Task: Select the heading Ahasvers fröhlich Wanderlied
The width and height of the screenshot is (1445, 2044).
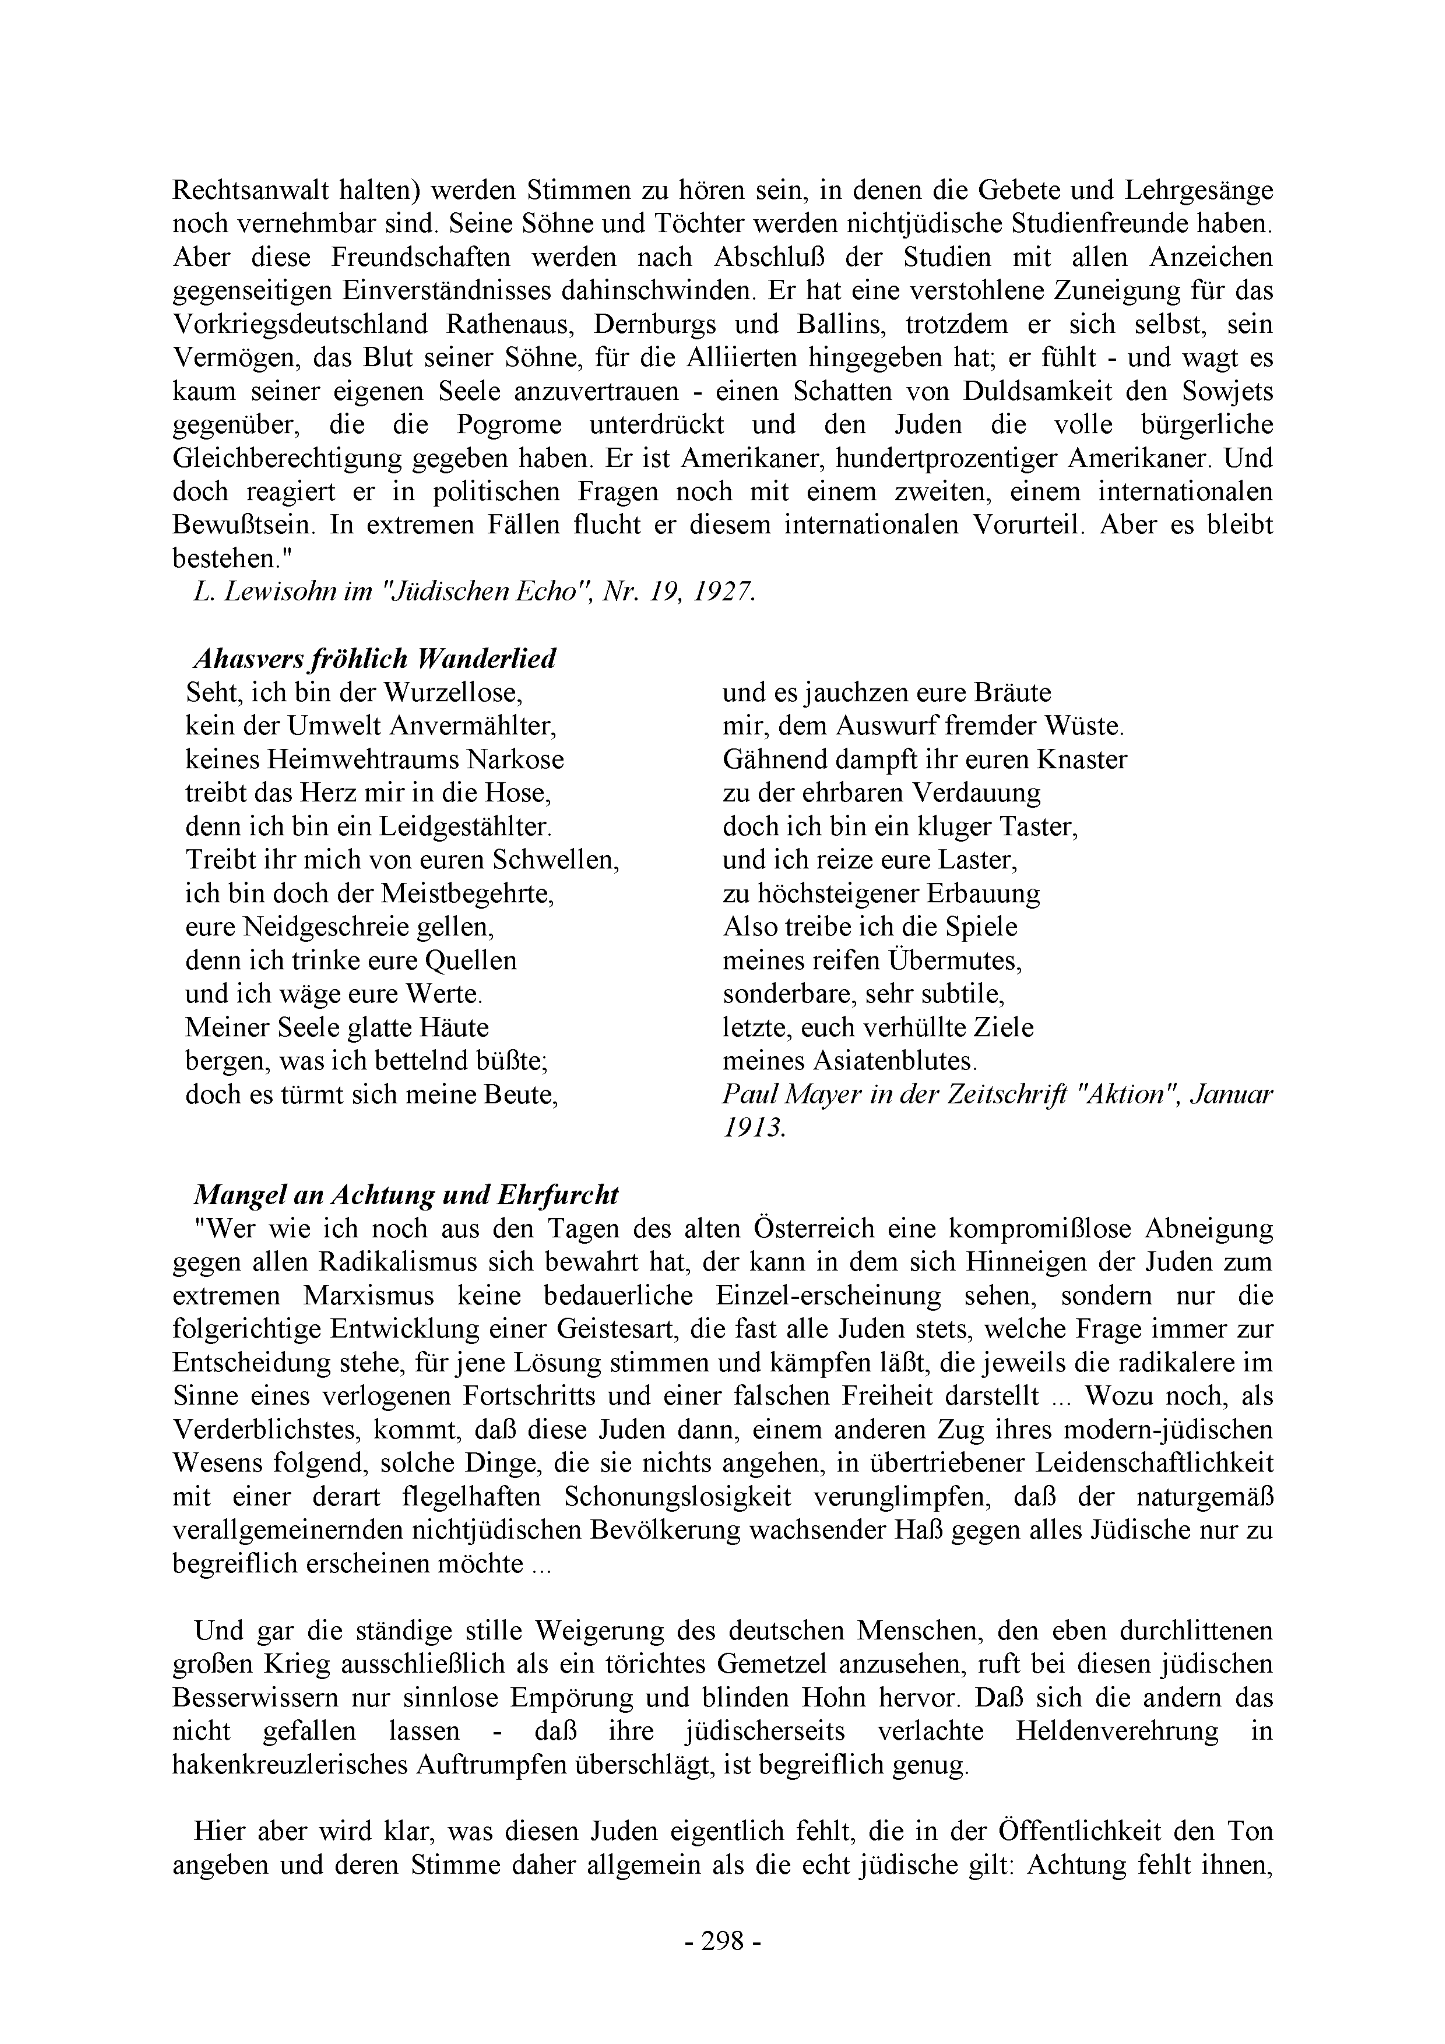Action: (374, 659)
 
